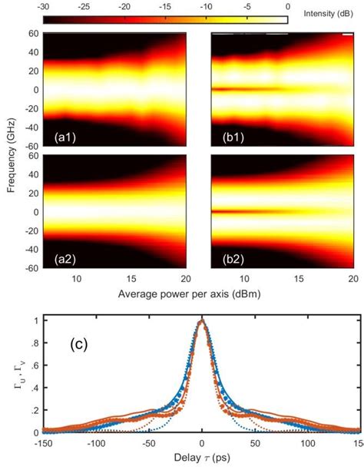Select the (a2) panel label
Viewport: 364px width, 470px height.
click(58, 258)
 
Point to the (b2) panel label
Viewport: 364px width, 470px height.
click(227, 258)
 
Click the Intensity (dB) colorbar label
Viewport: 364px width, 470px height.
click(328, 14)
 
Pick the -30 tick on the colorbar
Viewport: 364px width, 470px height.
click(45, 5)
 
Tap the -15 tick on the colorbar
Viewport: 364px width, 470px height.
click(166, 5)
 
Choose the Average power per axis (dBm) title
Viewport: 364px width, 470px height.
click(199, 293)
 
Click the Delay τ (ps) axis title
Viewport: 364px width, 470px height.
click(201, 462)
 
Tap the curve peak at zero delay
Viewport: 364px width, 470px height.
click(201, 322)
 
